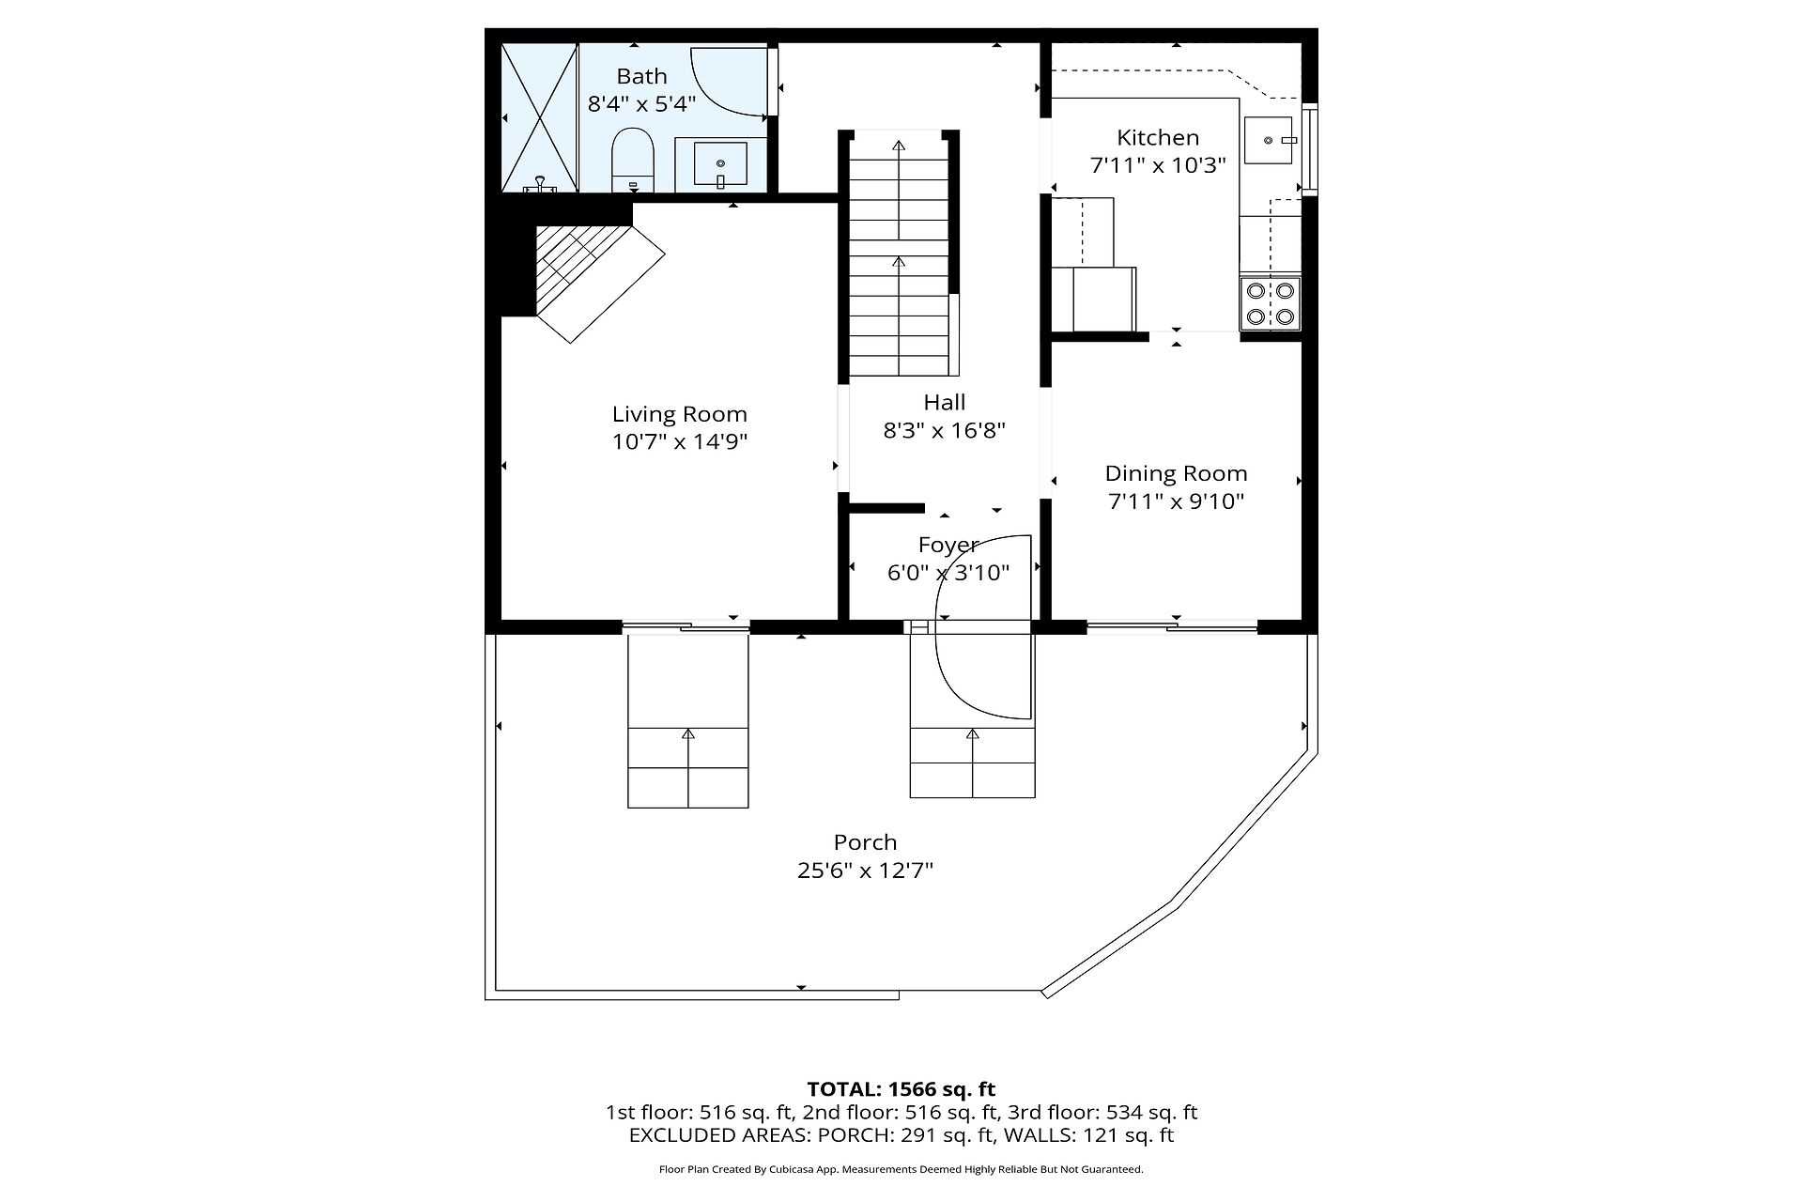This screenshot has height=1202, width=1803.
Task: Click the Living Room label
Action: [680, 414]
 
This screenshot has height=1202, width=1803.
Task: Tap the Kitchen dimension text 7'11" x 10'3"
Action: [1158, 165]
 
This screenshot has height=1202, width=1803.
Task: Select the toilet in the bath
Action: [632, 160]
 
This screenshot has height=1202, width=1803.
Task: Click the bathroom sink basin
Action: [720, 163]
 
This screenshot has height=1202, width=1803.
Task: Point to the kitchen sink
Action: [1270, 140]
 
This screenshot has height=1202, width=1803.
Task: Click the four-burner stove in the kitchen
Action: [1270, 303]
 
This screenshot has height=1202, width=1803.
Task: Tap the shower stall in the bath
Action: [539, 117]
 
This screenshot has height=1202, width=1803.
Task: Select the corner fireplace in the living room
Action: [592, 272]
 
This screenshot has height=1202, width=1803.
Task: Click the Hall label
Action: [945, 402]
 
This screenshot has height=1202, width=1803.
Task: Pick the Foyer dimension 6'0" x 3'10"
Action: [948, 572]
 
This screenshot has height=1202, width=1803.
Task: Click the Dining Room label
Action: [1176, 473]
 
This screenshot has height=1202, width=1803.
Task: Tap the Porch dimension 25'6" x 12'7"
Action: [865, 871]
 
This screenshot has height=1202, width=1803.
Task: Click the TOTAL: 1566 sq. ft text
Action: [901, 1089]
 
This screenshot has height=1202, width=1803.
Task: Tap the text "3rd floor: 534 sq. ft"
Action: [1102, 1113]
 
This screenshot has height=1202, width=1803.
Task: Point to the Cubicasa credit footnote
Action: [901, 1169]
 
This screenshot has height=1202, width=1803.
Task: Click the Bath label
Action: [641, 76]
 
